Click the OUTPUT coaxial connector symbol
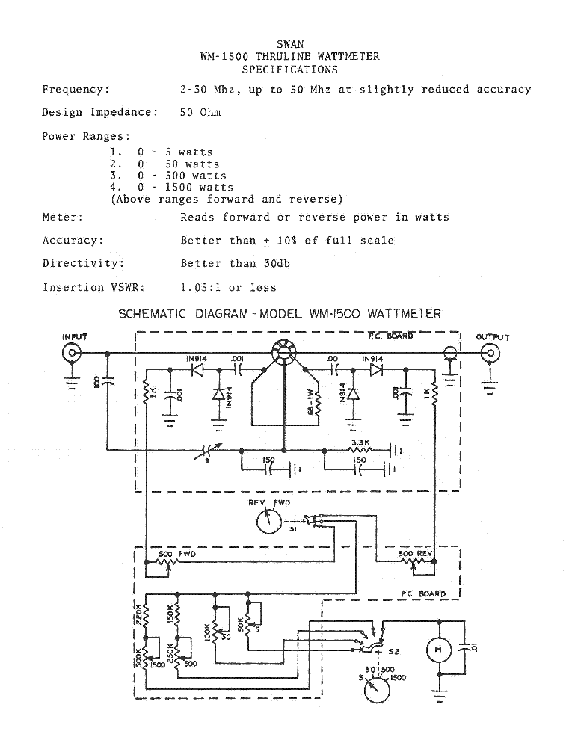491,354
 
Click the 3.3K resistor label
360,443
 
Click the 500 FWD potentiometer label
176,554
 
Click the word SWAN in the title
289,44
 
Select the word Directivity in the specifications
78,263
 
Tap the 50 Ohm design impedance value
200,112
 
